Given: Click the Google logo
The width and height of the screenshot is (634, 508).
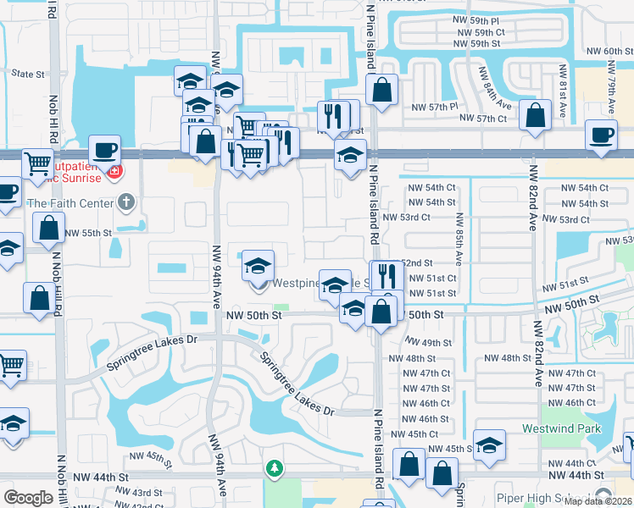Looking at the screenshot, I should [x=28, y=498].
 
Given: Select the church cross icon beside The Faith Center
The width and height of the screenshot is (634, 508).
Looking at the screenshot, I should [x=125, y=202].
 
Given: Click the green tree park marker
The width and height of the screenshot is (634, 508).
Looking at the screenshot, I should [x=274, y=467].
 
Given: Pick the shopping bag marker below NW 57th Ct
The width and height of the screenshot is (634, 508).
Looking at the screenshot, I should [x=536, y=118].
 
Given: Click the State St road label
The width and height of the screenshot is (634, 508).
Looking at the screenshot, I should [x=28, y=75].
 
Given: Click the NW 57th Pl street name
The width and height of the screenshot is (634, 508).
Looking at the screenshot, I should [x=435, y=108].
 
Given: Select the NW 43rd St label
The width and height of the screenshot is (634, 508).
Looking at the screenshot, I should [x=146, y=493].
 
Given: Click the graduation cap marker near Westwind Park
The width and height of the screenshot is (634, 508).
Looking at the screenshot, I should [x=489, y=446].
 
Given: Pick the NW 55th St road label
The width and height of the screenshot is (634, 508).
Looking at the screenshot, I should [x=88, y=233].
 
